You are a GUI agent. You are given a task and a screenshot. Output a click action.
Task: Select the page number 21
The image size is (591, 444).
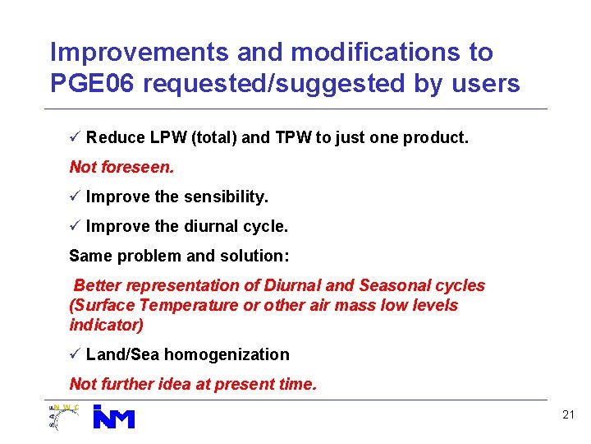568,415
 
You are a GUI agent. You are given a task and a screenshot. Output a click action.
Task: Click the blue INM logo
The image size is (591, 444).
113,417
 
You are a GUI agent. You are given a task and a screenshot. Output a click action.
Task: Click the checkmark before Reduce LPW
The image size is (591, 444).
75,137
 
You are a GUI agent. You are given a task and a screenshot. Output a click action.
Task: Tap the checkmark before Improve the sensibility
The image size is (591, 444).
75,197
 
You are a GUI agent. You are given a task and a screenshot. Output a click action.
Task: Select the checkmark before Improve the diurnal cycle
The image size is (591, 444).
75,226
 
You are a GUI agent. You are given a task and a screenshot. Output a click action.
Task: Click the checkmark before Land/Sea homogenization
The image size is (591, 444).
75,354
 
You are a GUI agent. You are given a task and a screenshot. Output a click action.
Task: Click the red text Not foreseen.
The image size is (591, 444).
121,167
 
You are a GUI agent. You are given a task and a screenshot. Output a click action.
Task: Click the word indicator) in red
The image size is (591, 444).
107,325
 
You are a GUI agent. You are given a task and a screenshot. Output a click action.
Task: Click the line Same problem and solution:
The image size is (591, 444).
179,256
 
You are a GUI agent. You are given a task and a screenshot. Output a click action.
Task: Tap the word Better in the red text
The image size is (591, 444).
98,285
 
